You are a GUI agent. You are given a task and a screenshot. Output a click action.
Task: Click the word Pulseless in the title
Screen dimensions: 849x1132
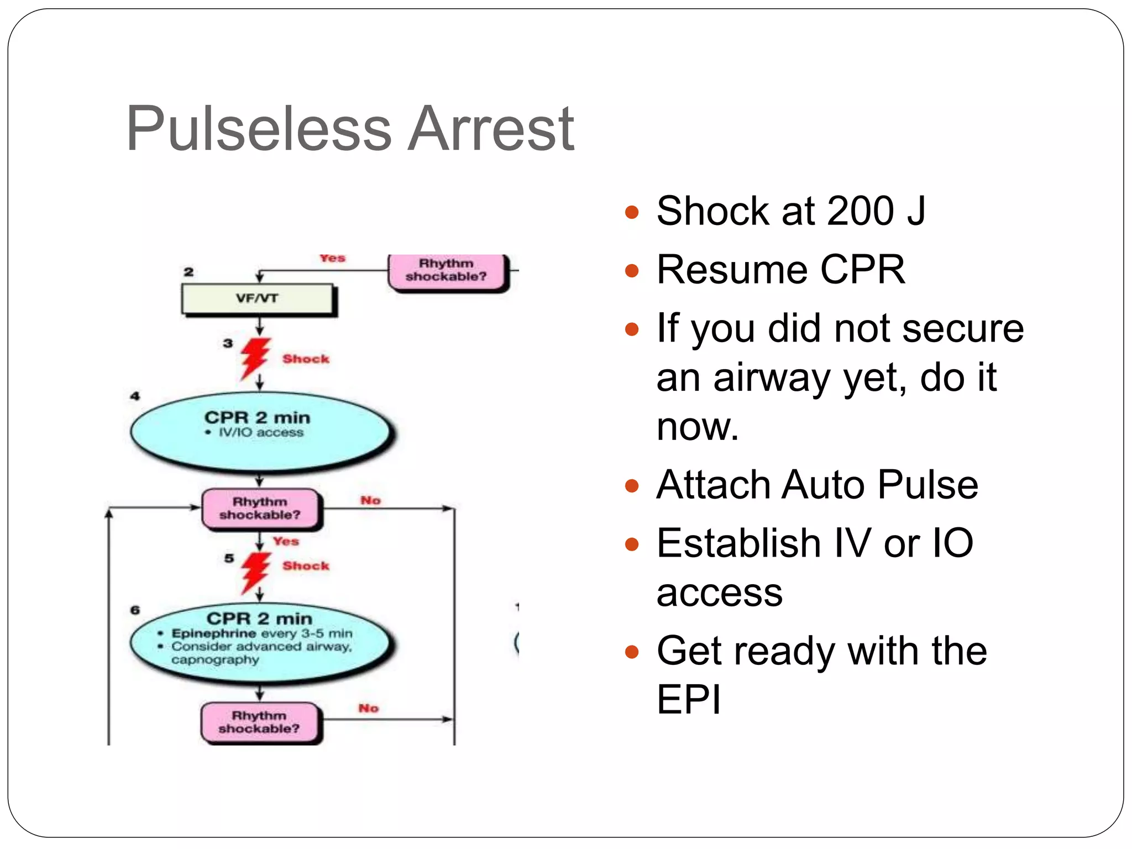point(259,129)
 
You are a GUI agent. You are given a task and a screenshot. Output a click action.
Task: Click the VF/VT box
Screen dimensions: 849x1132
point(258,299)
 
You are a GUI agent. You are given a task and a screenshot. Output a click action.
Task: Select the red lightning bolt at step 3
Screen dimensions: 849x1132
point(255,358)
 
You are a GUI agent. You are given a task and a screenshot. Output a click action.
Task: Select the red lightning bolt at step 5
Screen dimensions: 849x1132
point(255,572)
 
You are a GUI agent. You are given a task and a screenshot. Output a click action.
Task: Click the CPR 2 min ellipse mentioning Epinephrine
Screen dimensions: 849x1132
point(261,643)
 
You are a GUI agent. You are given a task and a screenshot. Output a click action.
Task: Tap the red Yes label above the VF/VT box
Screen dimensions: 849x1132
point(332,259)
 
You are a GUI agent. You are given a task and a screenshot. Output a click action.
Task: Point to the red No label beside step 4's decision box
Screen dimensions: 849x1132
point(370,501)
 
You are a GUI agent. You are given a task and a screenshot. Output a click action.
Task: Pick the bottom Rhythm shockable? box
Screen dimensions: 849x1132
point(260,722)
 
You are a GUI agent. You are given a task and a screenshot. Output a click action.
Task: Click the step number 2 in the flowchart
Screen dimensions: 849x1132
point(189,272)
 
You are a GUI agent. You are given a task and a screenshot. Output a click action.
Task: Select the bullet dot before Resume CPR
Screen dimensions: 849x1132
point(631,271)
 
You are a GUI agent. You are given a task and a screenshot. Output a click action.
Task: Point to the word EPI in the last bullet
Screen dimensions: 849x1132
point(689,700)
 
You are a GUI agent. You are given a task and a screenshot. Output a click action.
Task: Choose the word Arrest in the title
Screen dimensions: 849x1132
point(491,129)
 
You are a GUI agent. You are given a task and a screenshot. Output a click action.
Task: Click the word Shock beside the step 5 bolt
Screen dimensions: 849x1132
point(306,566)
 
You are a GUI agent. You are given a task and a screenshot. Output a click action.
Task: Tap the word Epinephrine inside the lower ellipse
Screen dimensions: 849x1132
point(214,633)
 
